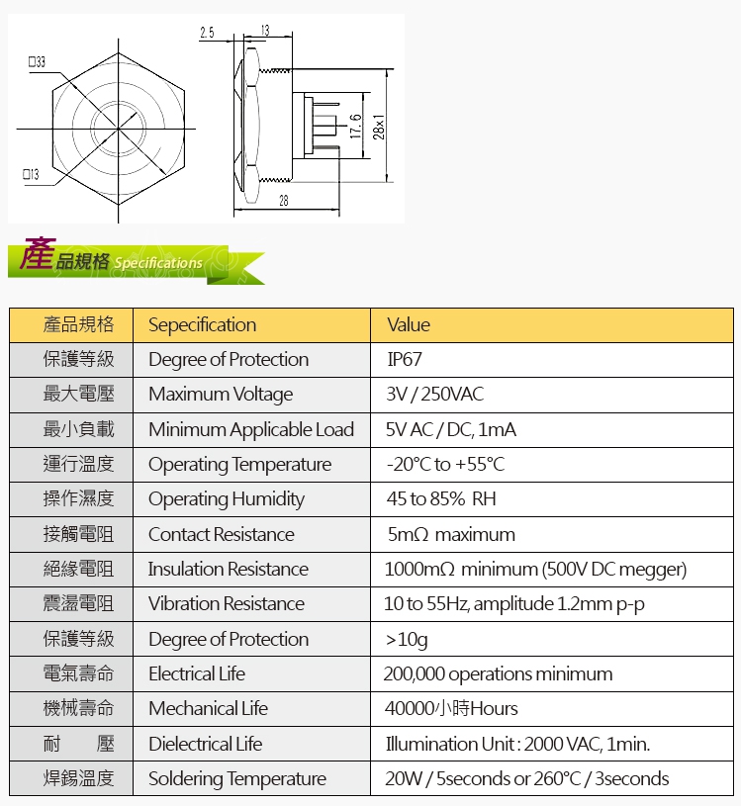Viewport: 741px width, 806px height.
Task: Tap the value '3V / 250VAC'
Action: [435, 395]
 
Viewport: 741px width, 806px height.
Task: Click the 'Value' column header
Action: [409, 324]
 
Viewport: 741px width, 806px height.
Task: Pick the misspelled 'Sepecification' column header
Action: [202, 324]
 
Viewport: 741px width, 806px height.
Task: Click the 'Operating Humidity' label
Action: [227, 499]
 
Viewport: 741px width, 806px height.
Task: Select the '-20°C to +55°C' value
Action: [445, 464]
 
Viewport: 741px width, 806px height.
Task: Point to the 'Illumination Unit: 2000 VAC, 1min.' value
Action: [517, 744]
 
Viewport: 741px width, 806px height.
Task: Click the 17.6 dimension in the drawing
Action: [355, 127]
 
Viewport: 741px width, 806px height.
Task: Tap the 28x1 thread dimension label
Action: [379, 127]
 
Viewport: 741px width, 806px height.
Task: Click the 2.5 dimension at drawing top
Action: [207, 33]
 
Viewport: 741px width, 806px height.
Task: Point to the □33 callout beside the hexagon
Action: [37, 61]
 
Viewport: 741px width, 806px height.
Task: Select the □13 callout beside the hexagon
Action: [31, 174]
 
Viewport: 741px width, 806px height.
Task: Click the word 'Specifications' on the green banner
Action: [158, 263]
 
